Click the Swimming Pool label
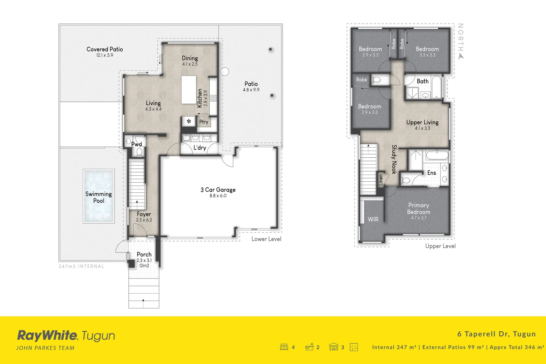[x=99, y=197]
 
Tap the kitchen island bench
[x=189, y=90]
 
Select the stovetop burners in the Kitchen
[x=214, y=98]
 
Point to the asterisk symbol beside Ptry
[x=189, y=121]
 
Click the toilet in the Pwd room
[x=139, y=152]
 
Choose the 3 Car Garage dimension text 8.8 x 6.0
[x=218, y=195]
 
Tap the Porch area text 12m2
[x=144, y=266]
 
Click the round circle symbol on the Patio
[x=225, y=72]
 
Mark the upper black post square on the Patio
[x=270, y=49]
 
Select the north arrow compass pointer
[x=461, y=57]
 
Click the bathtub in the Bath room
[x=436, y=87]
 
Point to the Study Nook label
[x=394, y=159]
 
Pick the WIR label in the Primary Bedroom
[x=373, y=219]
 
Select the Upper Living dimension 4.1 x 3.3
[x=422, y=128]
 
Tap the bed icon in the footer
[x=284, y=347]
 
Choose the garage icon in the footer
[x=333, y=347]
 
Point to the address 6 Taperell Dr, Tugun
[x=496, y=334]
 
